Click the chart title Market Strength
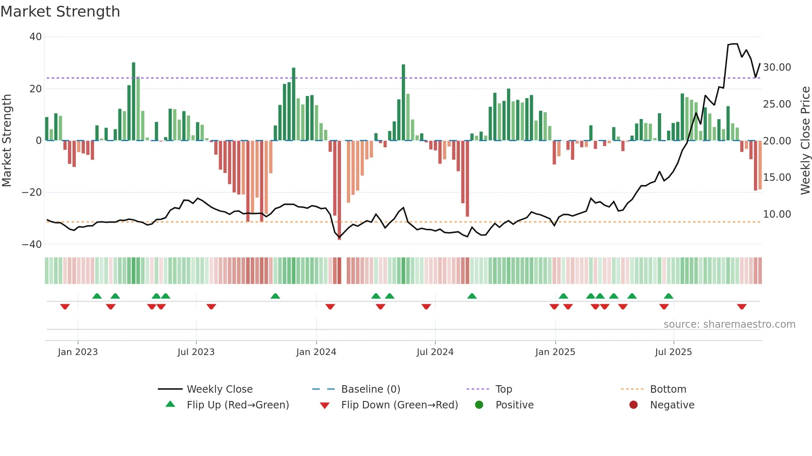[60, 12]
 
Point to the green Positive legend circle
[479, 405]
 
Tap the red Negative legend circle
[633, 405]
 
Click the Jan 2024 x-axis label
[316, 352]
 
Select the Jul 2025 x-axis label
[673, 352]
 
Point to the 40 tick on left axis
[36, 37]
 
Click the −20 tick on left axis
[32, 192]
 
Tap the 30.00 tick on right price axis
[777, 67]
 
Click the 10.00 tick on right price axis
[777, 214]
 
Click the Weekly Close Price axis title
[805, 141]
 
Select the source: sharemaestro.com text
[729, 324]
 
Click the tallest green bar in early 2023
[133, 101]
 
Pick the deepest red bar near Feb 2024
[339, 190]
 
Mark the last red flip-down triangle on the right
[742, 307]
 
